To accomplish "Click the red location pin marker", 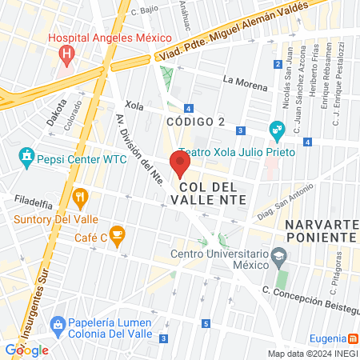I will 180,165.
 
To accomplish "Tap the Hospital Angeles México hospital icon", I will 67,54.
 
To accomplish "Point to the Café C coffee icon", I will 117,235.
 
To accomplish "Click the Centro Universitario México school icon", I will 278,257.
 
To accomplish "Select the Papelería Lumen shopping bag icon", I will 57,324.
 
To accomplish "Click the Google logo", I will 27,350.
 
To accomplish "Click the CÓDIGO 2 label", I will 195,121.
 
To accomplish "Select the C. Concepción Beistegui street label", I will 312,296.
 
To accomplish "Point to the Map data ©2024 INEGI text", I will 313,353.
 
